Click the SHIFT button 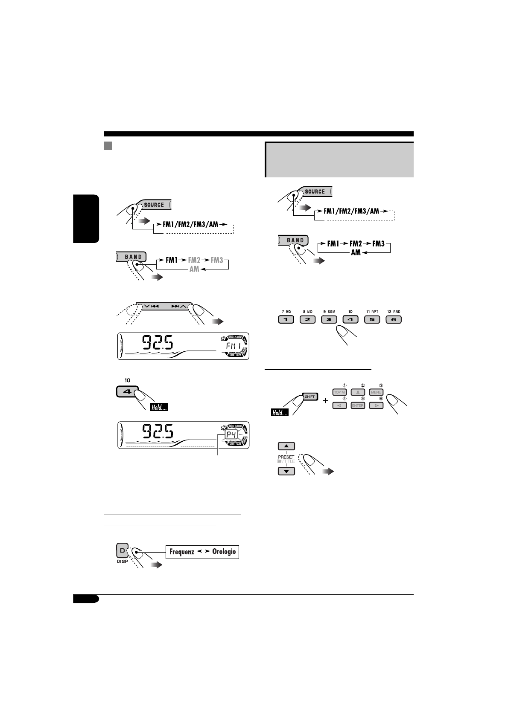(309, 397)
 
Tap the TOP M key (340, 392)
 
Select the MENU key (376, 392)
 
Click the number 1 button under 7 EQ (286, 319)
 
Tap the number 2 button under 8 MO (307, 319)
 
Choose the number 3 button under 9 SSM (329, 319)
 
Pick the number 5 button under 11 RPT (372, 319)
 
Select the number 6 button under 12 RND (394, 319)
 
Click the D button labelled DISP (123, 551)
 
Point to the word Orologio (224, 552)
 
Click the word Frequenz (182, 552)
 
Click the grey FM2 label (194, 260)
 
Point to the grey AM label (194, 269)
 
